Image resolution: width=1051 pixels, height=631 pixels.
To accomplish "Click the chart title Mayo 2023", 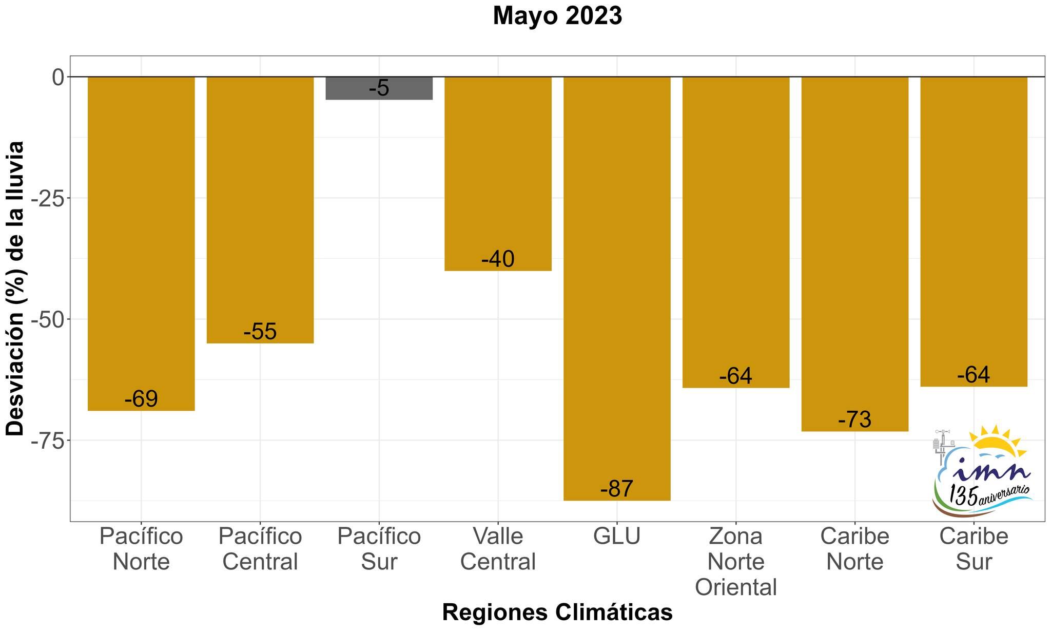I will [x=557, y=16].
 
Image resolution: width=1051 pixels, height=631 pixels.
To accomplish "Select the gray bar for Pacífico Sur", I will [x=379, y=88].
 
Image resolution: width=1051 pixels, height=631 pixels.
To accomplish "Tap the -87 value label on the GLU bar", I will [x=617, y=488].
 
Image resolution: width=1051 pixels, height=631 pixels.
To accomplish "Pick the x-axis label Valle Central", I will [x=498, y=549].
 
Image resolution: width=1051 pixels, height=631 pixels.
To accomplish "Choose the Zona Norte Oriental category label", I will [x=736, y=562].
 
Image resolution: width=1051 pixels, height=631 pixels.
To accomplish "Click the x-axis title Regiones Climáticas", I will [x=557, y=613].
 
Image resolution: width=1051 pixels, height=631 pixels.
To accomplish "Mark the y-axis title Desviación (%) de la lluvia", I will [x=15, y=289].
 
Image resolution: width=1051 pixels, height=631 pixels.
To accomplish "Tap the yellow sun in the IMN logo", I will [x=995, y=443].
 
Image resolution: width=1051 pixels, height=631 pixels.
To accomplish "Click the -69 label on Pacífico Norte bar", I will [x=141, y=399].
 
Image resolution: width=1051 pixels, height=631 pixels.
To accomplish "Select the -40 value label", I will [x=498, y=259].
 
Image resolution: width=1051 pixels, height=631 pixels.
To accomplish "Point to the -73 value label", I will [x=855, y=419].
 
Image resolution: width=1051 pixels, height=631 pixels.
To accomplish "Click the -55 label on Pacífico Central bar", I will [x=260, y=332].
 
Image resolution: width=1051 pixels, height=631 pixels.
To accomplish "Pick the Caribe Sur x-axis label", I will [x=974, y=549].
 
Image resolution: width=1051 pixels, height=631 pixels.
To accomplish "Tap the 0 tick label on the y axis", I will [x=57, y=77].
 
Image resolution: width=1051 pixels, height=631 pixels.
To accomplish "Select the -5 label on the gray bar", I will [x=379, y=88].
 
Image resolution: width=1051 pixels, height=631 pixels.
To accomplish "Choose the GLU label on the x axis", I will [x=617, y=537].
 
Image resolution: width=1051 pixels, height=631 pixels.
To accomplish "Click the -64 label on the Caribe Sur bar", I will [x=974, y=375].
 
